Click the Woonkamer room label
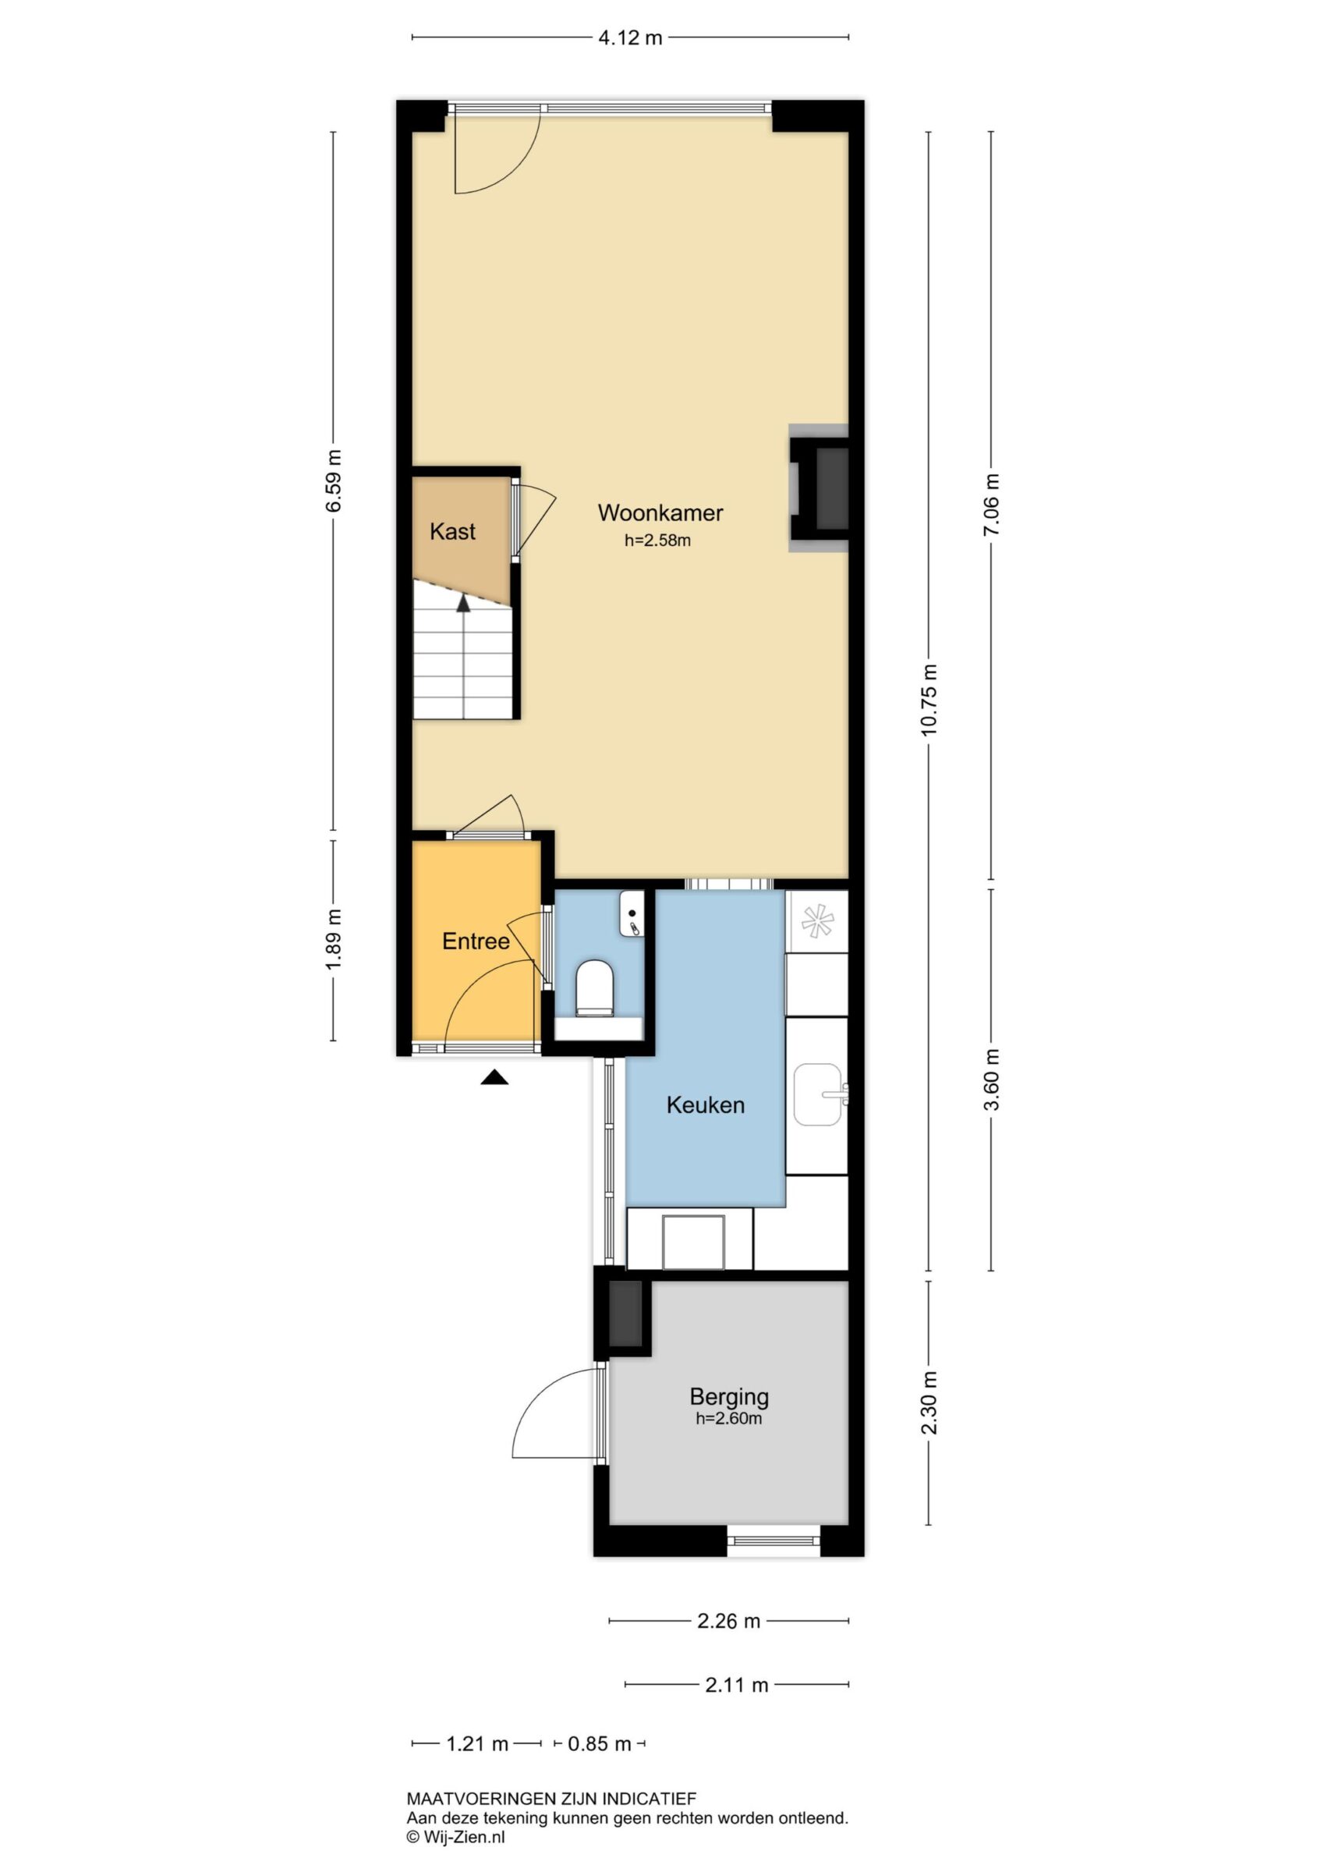click(660, 512)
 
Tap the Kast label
click(452, 532)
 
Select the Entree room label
click(476, 941)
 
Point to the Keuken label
click(705, 1105)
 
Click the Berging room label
click(729, 1397)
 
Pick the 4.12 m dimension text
click(630, 37)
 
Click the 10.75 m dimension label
click(929, 700)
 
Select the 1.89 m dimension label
click(333, 940)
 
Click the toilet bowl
click(594, 988)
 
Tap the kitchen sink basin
click(819, 1094)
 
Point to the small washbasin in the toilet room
click(632, 913)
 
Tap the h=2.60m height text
click(729, 1419)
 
